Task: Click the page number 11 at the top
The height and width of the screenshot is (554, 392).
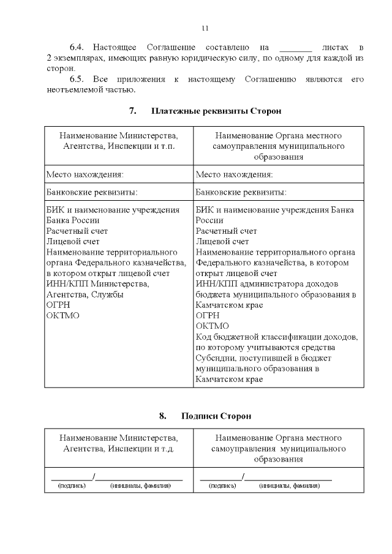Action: click(x=205, y=28)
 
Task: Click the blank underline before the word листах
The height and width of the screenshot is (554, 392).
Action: click(x=295, y=48)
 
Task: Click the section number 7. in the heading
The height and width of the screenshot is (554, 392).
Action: click(x=132, y=111)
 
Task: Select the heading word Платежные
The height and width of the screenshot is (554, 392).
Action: click(x=174, y=111)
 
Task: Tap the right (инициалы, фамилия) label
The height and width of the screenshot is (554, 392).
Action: click(x=289, y=485)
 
